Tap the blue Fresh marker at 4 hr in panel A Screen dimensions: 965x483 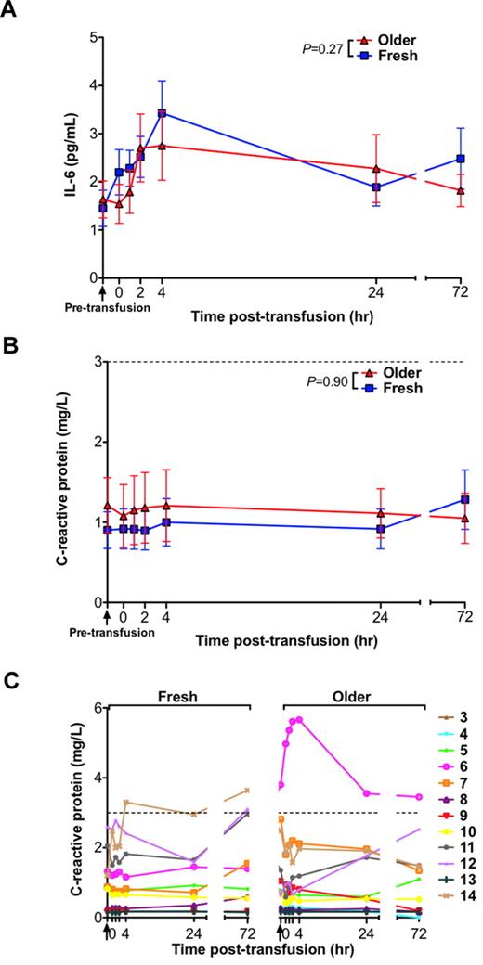[x=162, y=113]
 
